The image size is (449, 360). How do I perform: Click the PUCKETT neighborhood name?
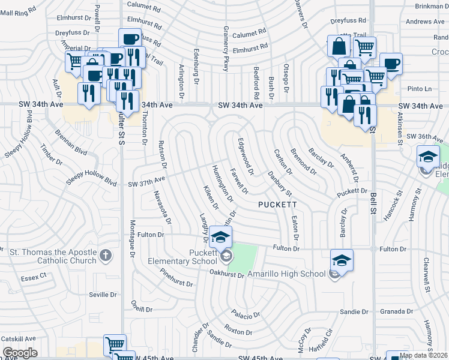point(277,205)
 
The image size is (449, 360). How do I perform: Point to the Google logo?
point(20,353)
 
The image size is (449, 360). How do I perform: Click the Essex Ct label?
point(34,277)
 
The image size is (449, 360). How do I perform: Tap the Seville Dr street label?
point(103,294)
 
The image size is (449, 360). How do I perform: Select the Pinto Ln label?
point(420,89)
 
